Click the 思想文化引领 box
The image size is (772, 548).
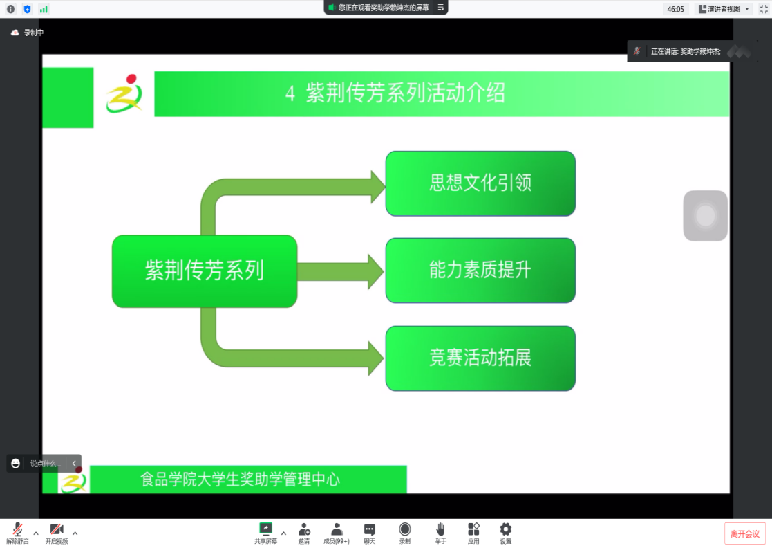click(x=480, y=183)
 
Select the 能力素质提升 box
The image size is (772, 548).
click(x=480, y=270)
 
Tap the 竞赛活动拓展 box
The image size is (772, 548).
click(x=480, y=358)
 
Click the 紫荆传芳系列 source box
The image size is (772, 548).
click(x=205, y=271)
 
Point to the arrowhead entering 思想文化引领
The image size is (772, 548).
click(x=377, y=187)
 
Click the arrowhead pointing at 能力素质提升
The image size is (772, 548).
click(x=376, y=271)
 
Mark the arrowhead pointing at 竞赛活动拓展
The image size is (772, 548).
click(x=376, y=358)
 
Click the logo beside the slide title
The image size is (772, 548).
click(x=124, y=93)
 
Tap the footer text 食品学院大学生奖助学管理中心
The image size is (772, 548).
click(x=241, y=479)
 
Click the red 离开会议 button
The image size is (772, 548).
click(x=745, y=533)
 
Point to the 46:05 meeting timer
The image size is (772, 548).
click(x=675, y=9)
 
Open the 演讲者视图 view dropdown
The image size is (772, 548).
click(x=724, y=9)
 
